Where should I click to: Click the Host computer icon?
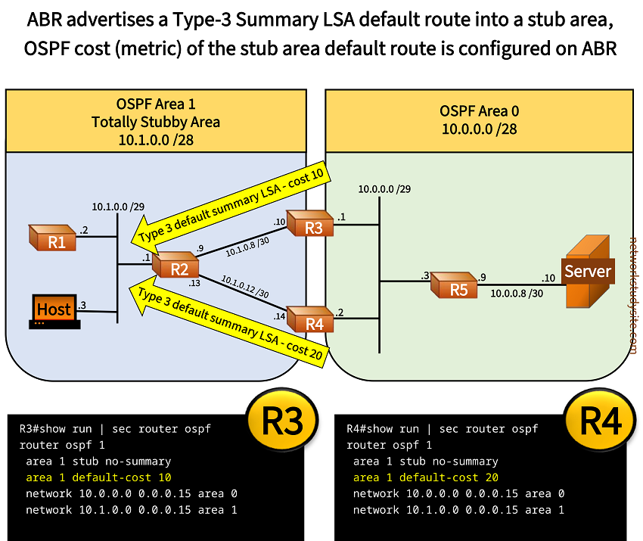click(54, 311)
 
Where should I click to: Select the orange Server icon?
click(586, 272)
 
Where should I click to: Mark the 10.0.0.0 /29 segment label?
click(385, 188)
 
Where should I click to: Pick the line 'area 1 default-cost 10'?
click(98, 477)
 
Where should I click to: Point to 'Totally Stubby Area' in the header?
click(157, 121)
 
